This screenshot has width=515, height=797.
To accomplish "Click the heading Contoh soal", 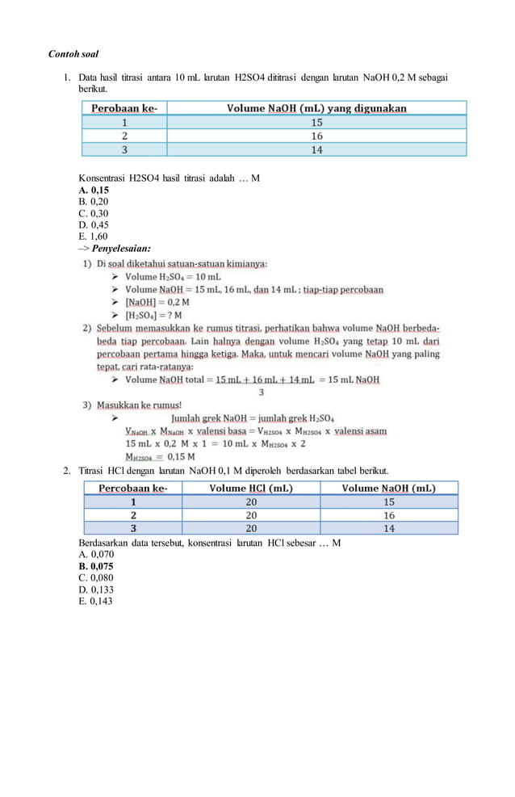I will tap(73, 54).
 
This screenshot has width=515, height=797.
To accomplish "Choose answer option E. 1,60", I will tap(93, 237).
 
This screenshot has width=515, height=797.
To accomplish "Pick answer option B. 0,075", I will tap(96, 566).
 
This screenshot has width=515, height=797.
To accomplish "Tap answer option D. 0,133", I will tap(96, 589).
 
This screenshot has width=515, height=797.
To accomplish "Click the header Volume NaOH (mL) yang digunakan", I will tap(316, 107).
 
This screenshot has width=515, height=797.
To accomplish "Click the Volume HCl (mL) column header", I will tap(251, 488).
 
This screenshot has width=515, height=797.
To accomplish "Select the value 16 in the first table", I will tap(316, 136).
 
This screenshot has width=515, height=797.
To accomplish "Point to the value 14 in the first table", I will tap(316, 149).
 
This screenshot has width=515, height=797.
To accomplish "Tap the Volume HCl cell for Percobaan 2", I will tap(251, 514).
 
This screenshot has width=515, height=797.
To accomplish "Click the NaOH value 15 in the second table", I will tap(389, 501).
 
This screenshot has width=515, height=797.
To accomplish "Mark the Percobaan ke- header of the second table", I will tap(133, 488).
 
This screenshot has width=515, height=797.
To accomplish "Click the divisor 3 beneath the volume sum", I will tap(261, 392).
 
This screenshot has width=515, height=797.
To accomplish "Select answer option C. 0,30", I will tap(93, 213).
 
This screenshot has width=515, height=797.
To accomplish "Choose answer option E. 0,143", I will tap(96, 601).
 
